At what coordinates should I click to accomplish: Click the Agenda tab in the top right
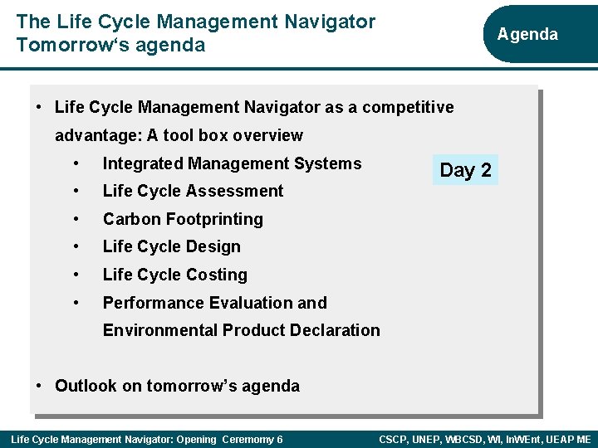(x=527, y=34)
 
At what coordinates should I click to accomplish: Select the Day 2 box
(x=465, y=170)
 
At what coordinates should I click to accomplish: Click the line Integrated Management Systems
(x=232, y=163)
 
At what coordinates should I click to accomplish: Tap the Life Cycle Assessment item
(x=193, y=191)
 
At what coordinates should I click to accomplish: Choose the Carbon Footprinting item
(x=183, y=219)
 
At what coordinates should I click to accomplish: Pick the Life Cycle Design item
(x=171, y=246)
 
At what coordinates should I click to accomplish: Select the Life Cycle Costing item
(x=174, y=275)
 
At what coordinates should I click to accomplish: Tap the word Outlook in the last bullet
(x=86, y=386)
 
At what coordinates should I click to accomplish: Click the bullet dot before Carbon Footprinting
(x=76, y=219)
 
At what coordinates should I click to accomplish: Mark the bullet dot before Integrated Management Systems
(x=76, y=163)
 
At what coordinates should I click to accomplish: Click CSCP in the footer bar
(x=396, y=439)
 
